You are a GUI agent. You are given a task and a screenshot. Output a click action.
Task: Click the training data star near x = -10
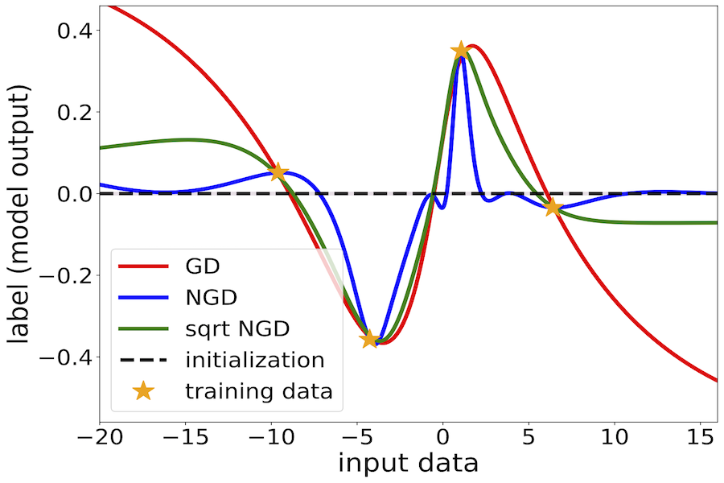click(x=278, y=172)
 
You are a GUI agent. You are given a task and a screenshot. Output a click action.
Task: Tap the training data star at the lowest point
click(x=369, y=339)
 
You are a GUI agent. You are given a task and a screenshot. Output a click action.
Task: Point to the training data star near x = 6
click(x=552, y=207)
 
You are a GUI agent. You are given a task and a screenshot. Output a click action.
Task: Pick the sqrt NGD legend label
click(x=237, y=328)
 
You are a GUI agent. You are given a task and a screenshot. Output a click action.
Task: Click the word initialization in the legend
click(x=255, y=360)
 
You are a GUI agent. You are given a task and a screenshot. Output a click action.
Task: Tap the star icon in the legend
click(x=143, y=391)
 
